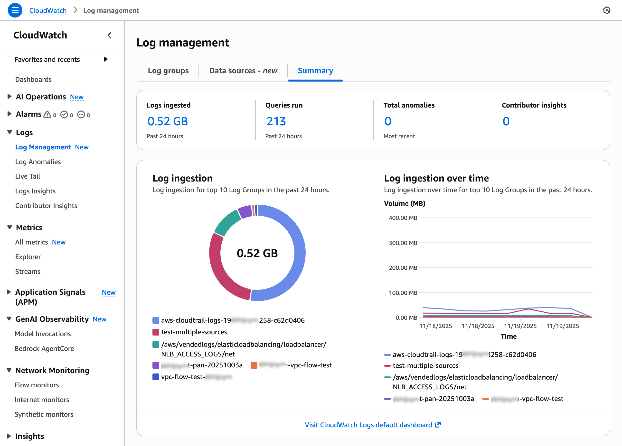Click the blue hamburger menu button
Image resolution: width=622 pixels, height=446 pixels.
[x=15, y=10]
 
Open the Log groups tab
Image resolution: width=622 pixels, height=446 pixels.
[x=168, y=71]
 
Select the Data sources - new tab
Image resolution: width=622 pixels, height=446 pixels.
[x=243, y=71]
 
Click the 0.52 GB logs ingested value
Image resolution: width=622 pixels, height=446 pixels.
[x=167, y=121]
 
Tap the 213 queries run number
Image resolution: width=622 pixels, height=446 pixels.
[x=276, y=121]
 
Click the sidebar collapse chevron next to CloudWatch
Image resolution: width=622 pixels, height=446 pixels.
[x=109, y=35]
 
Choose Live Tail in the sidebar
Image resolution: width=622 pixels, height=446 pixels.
[x=28, y=176]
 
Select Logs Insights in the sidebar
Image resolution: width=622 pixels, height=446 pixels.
[x=35, y=191]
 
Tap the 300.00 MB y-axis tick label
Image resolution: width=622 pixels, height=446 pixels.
[x=403, y=243]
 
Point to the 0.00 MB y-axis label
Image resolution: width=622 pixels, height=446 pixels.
[x=406, y=318]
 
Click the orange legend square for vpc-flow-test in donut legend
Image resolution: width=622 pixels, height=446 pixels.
[x=254, y=365]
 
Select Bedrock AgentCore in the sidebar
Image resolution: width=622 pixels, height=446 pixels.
[x=44, y=348]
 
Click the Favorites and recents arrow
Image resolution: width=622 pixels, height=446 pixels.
[x=106, y=59]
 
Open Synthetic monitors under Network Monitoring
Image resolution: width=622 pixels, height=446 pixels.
[x=44, y=414]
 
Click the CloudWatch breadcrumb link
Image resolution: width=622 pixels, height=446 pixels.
[x=48, y=10]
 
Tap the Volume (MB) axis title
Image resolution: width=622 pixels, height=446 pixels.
[x=405, y=204]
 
